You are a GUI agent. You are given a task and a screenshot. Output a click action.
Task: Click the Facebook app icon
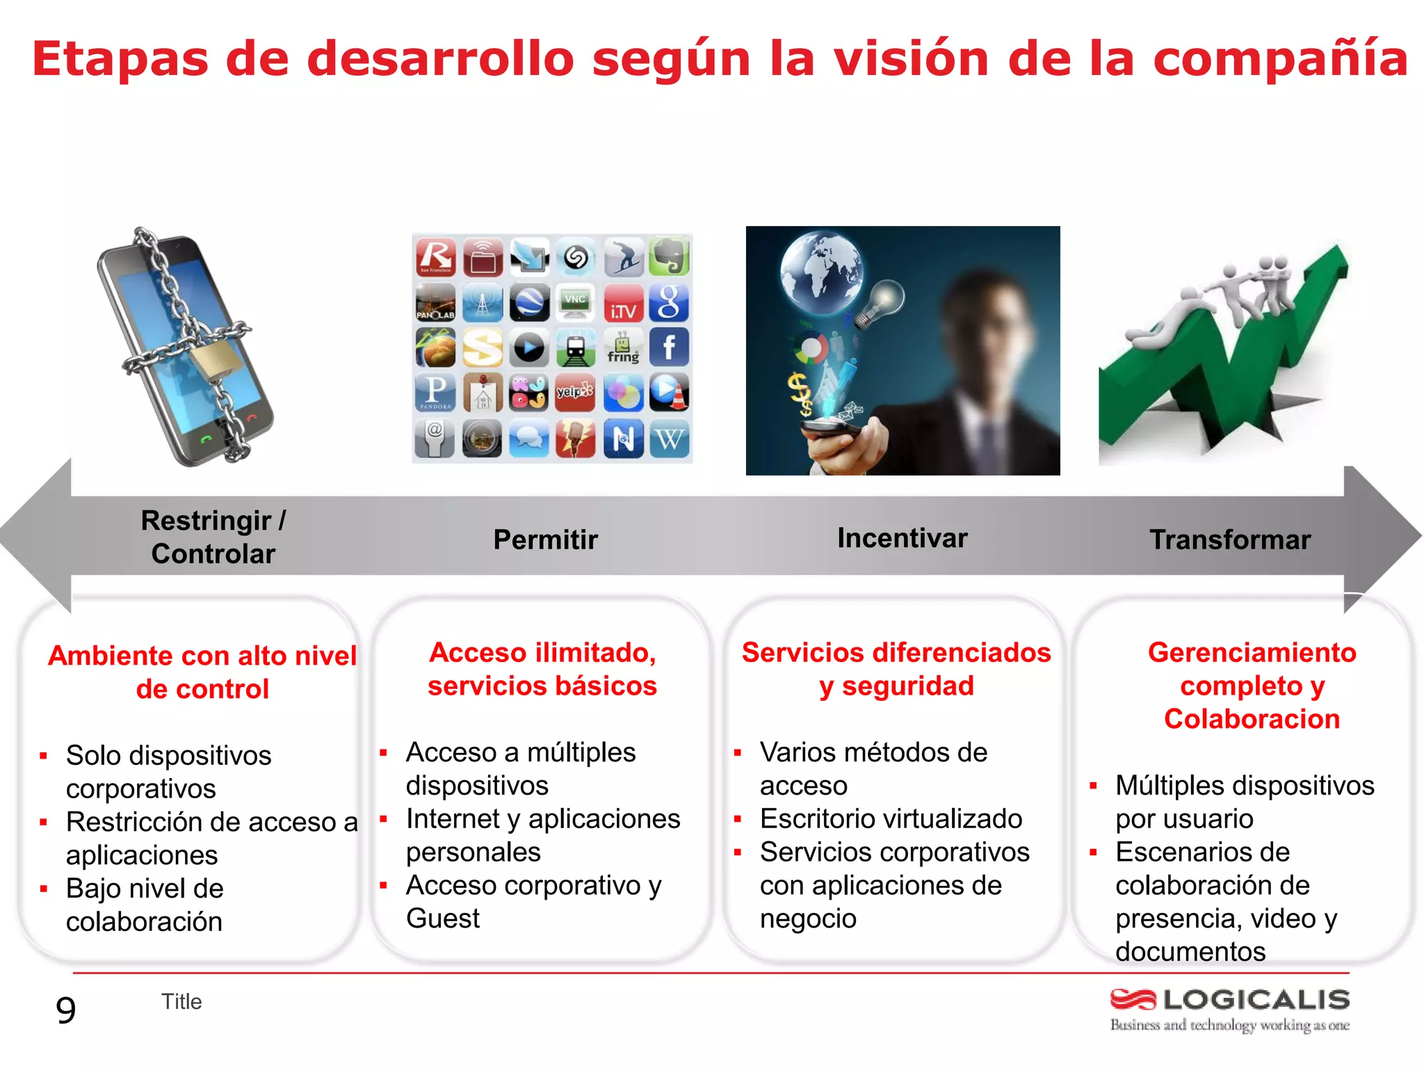tap(669, 347)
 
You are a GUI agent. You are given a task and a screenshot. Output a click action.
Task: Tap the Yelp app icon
tap(575, 392)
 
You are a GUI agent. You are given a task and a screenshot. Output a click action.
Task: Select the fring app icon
tap(622, 347)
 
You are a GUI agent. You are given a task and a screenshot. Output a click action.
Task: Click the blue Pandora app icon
tap(436, 392)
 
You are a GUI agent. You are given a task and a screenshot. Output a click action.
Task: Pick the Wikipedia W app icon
tap(669, 439)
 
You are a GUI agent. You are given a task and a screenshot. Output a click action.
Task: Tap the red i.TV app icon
tap(622, 302)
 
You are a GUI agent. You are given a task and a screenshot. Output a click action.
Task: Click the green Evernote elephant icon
tap(669, 257)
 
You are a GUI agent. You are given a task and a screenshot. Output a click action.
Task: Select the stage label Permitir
tap(545, 540)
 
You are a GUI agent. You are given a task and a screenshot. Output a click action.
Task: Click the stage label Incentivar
tap(902, 538)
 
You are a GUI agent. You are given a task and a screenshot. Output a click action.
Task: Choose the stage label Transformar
tap(1229, 540)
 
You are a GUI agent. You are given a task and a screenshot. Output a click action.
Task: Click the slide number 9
tap(65, 1010)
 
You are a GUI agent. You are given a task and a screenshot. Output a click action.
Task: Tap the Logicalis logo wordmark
tap(1256, 1000)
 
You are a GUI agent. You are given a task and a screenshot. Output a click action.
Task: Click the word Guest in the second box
tap(443, 919)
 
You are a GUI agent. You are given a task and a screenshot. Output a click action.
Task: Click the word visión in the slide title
tap(911, 58)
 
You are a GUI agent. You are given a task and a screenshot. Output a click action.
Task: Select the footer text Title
tap(181, 1002)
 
